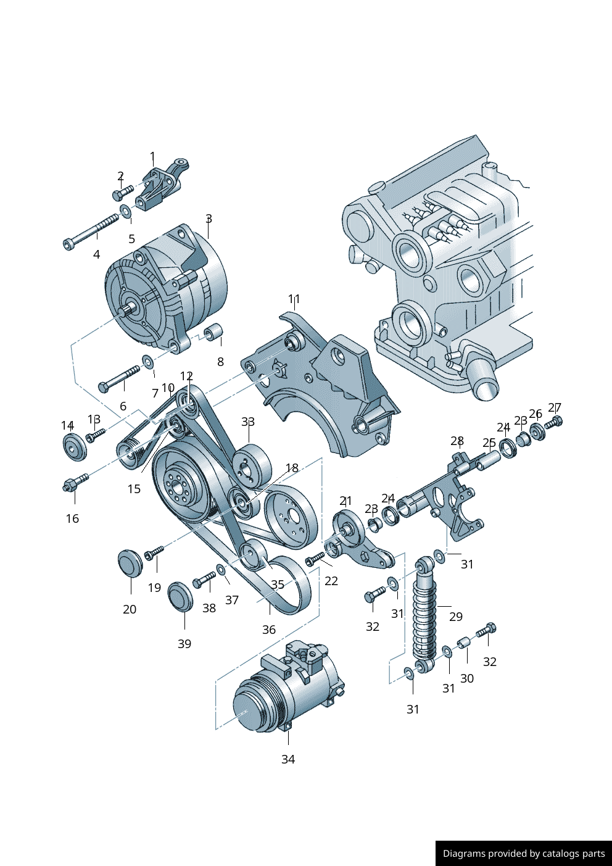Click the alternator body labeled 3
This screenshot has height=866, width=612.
click(166, 288)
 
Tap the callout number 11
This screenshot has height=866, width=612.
click(294, 299)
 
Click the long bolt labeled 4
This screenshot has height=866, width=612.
click(90, 231)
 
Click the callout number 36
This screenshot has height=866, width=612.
click(269, 630)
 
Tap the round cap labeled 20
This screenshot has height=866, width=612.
click(130, 563)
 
